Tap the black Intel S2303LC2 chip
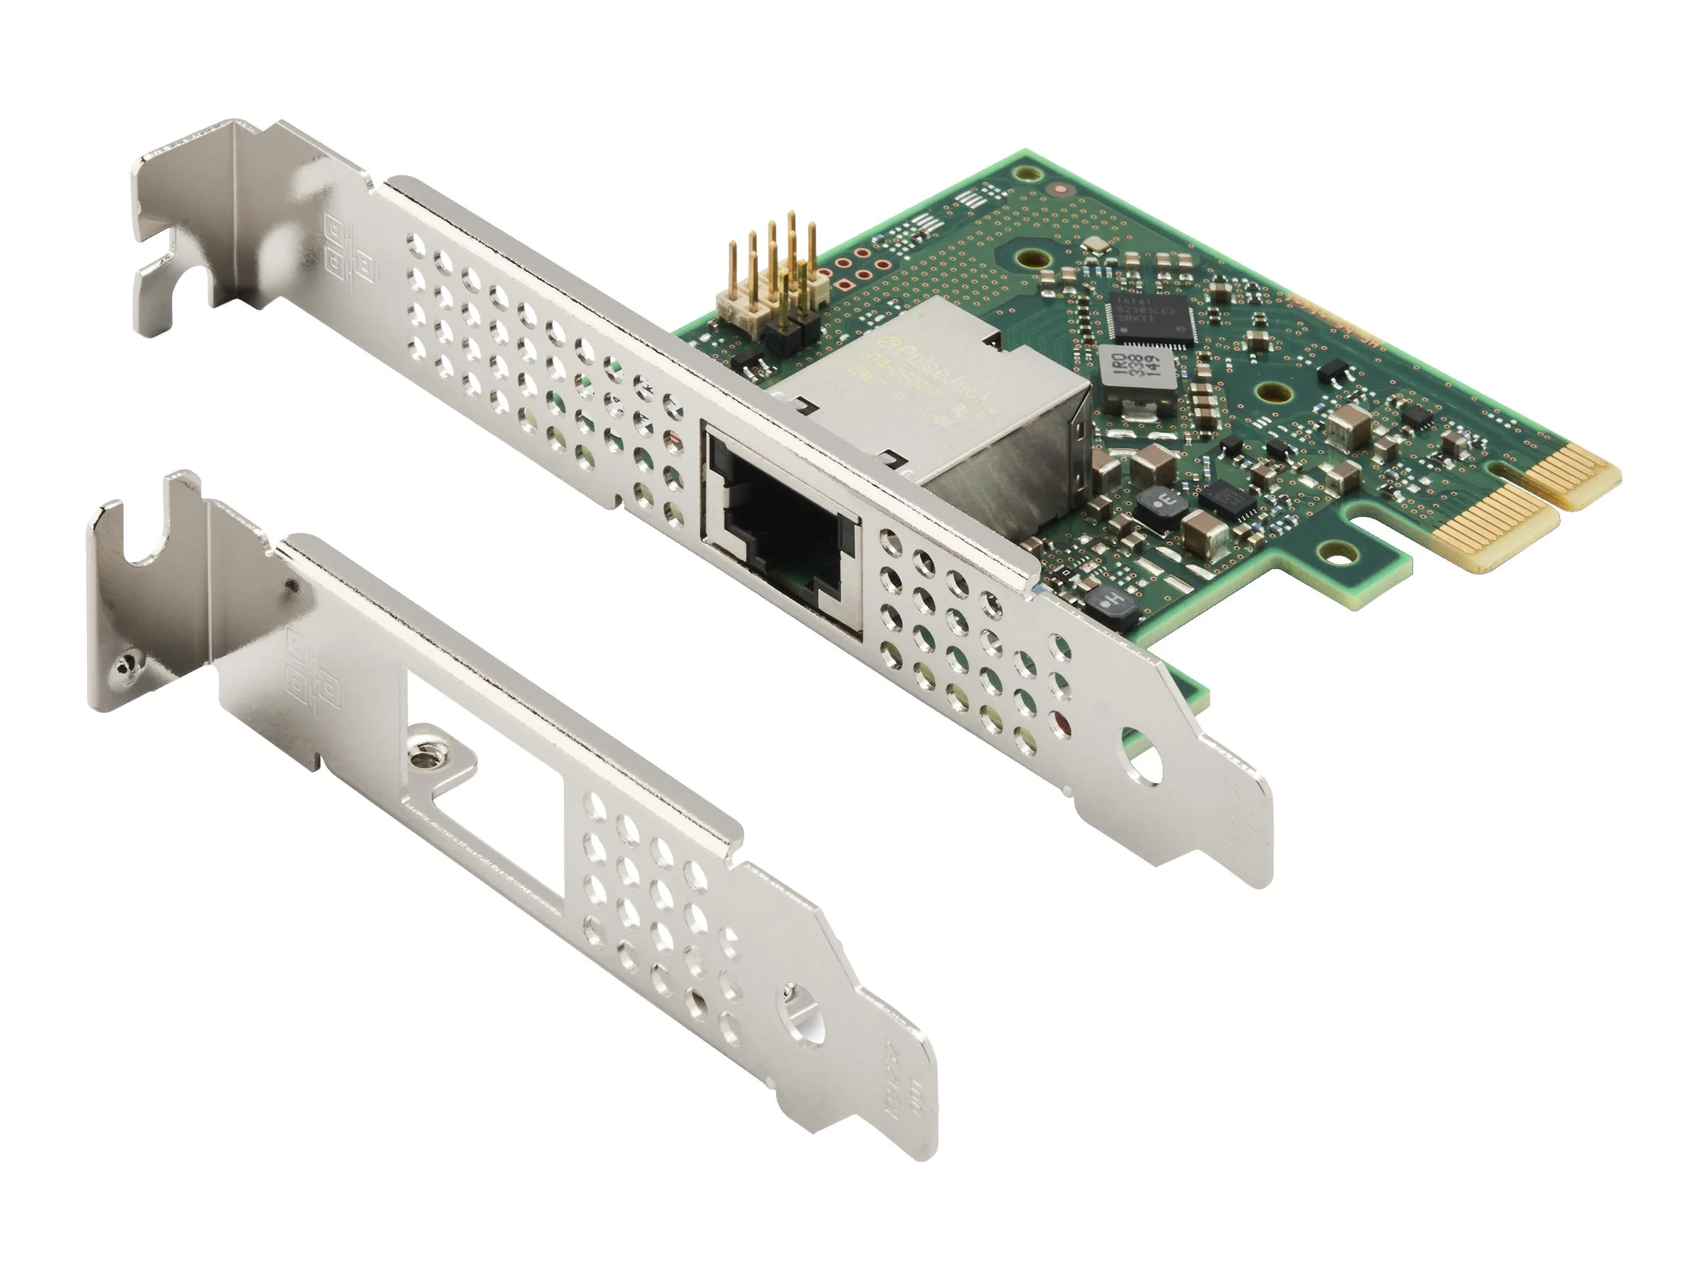(x=1148, y=317)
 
